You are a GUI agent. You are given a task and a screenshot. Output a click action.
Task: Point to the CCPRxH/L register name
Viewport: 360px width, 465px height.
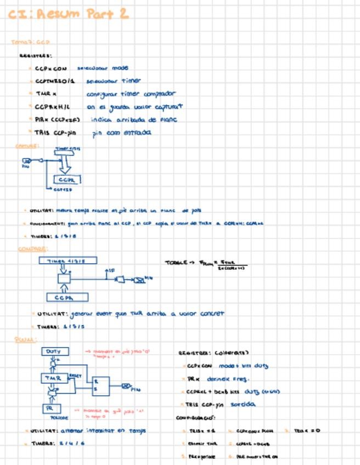pyautogui.click(x=51, y=106)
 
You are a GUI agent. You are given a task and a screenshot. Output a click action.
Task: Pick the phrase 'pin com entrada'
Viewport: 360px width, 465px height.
pyautogui.click(x=121, y=133)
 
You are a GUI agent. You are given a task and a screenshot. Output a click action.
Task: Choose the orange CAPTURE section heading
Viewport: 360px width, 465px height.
pyautogui.click(x=27, y=146)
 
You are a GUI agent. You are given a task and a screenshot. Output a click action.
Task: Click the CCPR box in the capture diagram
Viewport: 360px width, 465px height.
pyautogui.click(x=67, y=179)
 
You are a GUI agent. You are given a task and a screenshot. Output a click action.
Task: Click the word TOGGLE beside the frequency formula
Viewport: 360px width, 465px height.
pyautogui.click(x=176, y=263)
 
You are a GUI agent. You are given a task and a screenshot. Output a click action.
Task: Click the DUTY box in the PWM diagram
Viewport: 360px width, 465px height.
pyautogui.click(x=54, y=351)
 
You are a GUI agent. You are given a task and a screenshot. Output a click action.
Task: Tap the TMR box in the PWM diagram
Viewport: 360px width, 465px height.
pyautogui.click(x=54, y=378)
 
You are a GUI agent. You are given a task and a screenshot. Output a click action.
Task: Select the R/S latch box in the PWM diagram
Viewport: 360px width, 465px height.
pyautogui.click(x=100, y=386)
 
